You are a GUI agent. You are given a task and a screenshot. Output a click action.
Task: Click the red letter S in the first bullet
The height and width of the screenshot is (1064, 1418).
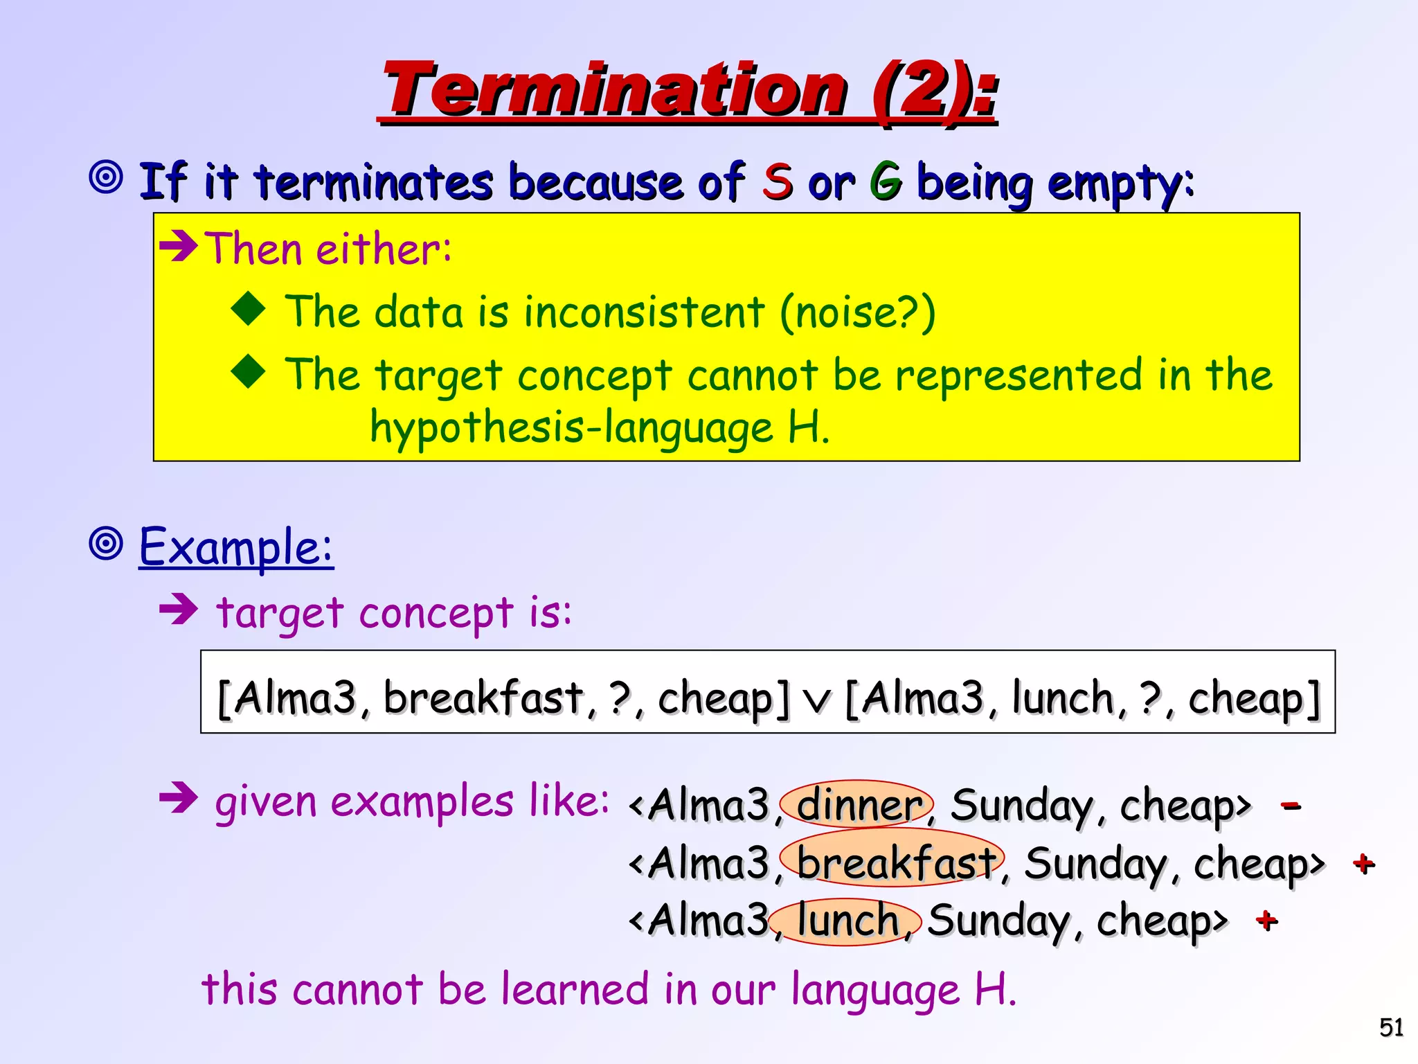click(x=777, y=181)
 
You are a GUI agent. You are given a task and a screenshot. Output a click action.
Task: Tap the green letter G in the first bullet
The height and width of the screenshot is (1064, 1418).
click(x=886, y=181)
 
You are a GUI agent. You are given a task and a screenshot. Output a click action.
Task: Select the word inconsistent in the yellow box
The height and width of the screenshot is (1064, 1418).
click(x=644, y=312)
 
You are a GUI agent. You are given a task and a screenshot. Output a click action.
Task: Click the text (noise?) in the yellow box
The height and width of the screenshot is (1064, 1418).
click(x=857, y=312)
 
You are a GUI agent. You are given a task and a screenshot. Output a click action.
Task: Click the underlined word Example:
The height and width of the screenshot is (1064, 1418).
click(x=236, y=547)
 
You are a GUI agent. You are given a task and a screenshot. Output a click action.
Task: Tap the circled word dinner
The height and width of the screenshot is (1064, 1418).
click(x=857, y=805)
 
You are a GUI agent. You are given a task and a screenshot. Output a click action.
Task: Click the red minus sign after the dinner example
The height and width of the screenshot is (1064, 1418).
click(x=1291, y=806)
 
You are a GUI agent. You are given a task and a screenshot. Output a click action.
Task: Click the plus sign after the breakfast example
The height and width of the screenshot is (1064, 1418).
click(x=1363, y=864)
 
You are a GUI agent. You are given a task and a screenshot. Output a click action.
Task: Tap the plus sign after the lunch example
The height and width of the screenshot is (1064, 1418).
click(x=1266, y=921)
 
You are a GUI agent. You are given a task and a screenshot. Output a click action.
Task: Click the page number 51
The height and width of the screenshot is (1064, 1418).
click(x=1391, y=1027)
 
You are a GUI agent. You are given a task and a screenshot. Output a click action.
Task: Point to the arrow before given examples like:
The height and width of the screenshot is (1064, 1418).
click(x=179, y=800)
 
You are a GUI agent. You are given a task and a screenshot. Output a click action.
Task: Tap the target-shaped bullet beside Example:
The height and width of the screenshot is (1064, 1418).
click(x=107, y=544)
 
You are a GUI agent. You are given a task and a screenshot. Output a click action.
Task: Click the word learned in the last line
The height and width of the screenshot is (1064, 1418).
click(x=575, y=989)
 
